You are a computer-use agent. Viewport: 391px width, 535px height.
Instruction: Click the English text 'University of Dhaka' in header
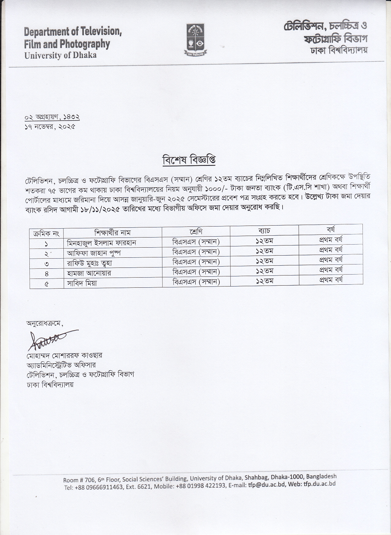pyautogui.click(x=60, y=55)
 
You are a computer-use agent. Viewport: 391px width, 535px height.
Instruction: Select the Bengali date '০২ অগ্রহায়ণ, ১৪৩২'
pyautogui.click(x=52, y=117)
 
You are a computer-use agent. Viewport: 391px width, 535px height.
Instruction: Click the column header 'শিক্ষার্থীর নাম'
pyautogui.click(x=112, y=232)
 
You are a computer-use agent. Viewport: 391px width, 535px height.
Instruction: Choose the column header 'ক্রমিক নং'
pyautogui.click(x=46, y=234)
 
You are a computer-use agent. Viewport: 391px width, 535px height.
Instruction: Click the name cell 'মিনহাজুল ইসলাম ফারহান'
pyautogui.click(x=101, y=243)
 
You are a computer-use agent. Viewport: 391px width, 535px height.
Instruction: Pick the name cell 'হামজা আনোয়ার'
pyautogui.click(x=89, y=273)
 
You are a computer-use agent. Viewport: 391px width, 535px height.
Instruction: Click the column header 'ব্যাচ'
pyautogui.click(x=264, y=230)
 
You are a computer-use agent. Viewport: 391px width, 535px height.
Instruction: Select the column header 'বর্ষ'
pyautogui.click(x=331, y=229)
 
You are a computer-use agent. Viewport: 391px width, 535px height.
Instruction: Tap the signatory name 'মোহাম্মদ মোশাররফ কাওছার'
pyautogui.click(x=64, y=356)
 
